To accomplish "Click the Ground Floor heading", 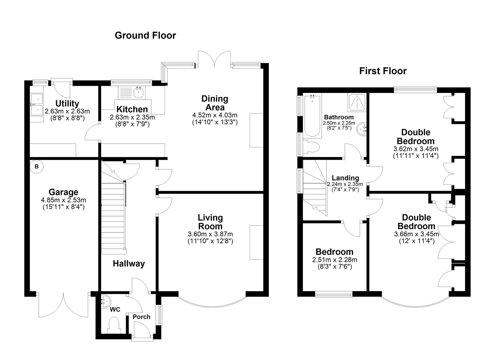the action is click(145, 35).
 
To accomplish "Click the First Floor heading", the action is click(383, 71).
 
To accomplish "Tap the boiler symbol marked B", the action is click(37, 167).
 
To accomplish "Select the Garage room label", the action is click(63, 192).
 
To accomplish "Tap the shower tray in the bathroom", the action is click(357, 102).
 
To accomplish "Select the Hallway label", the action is click(129, 264).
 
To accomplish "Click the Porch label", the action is click(141, 317).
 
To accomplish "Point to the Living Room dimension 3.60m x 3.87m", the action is click(210, 234).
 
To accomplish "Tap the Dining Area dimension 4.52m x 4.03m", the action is click(215, 115).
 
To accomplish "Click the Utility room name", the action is click(67, 103).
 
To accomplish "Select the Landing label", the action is click(345, 178).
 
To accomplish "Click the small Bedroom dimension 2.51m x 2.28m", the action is click(334, 260).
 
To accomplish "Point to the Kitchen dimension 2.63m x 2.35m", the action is click(132, 117).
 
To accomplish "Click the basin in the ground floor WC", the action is click(106, 301).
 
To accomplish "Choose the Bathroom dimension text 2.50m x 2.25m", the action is click(339, 123).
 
